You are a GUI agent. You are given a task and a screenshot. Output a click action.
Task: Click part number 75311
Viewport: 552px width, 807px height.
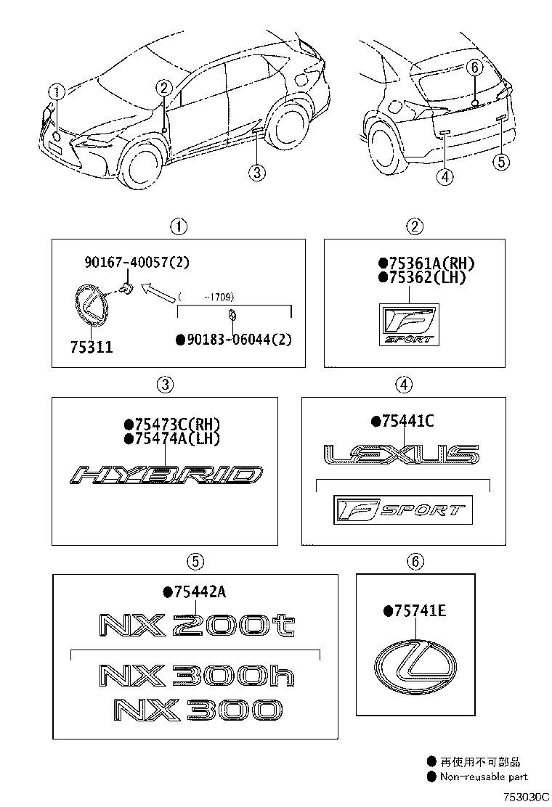(92, 348)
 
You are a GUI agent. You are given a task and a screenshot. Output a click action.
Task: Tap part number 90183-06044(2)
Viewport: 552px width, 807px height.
(238, 339)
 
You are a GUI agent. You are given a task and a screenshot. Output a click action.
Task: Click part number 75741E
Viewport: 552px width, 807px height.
(421, 611)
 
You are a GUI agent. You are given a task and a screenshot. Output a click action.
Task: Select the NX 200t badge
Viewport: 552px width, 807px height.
(196, 625)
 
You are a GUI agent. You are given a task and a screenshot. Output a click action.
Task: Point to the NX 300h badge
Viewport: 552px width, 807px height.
(196, 676)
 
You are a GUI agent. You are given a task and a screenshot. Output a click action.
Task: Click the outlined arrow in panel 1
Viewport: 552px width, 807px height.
(158, 293)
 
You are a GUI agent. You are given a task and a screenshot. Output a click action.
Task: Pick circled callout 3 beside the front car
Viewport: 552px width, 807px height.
(255, 171)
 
